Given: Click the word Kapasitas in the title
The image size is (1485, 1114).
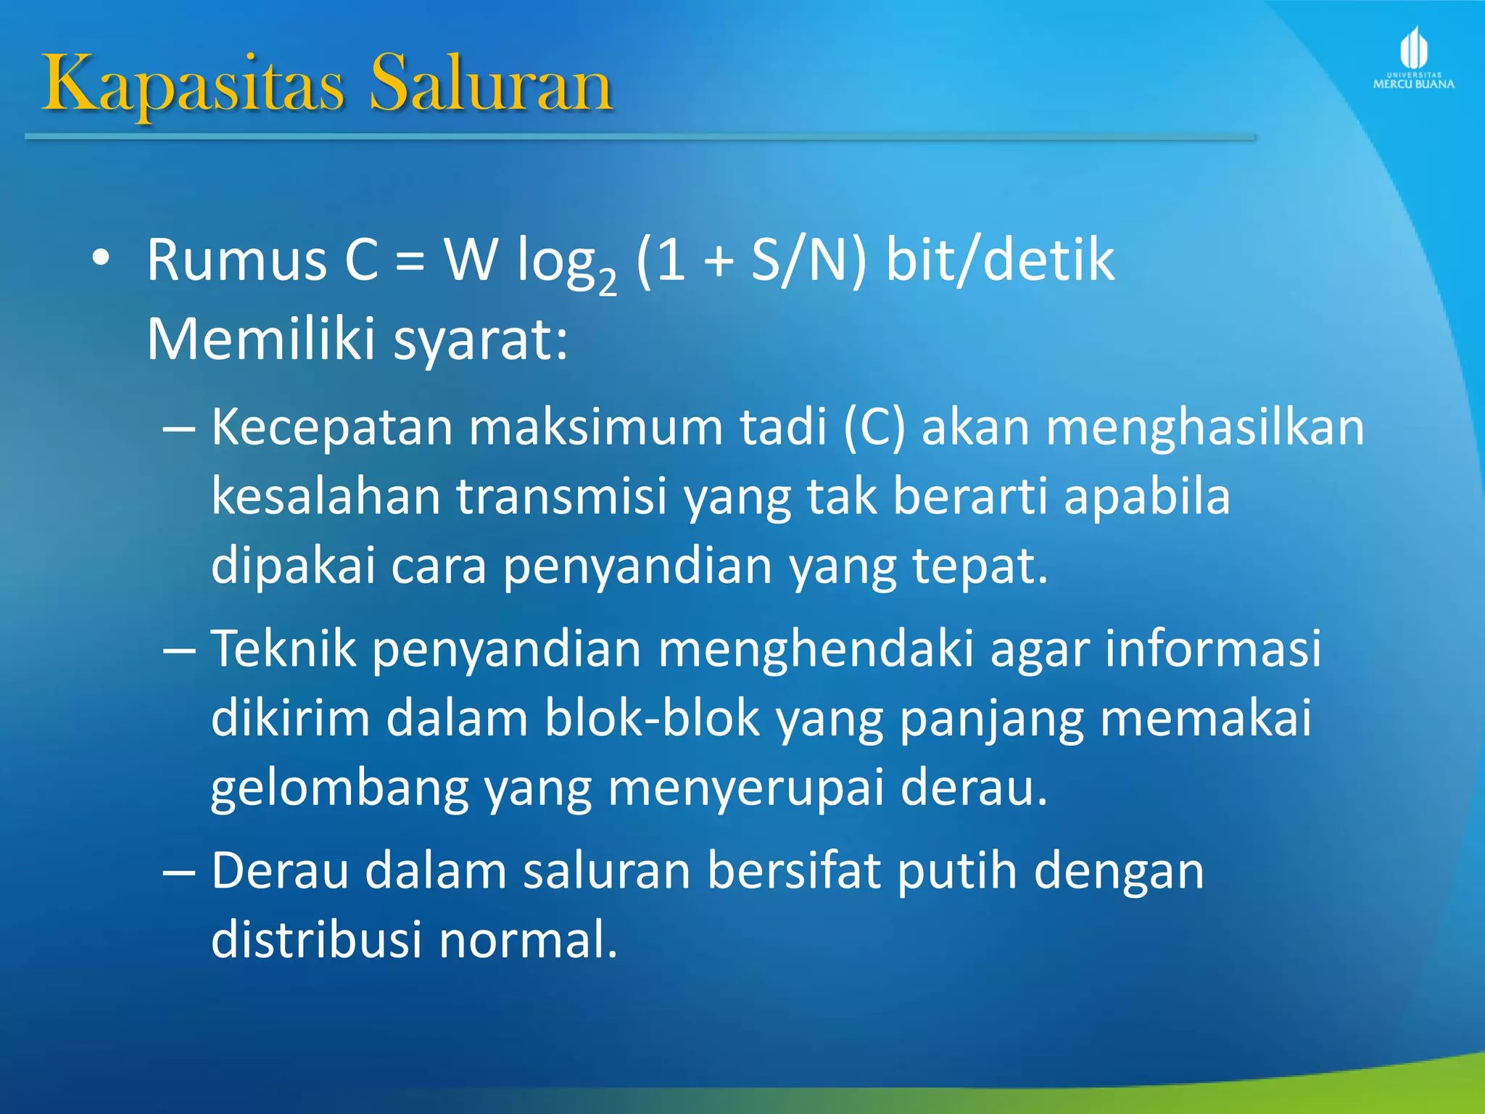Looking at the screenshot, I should coord(193,86).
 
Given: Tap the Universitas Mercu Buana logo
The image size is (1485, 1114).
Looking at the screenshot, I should coord(1413,58).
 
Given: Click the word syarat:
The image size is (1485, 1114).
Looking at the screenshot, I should coord(481,339).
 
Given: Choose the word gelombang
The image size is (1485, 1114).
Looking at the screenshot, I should coord(340,788).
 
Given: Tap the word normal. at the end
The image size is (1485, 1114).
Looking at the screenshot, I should coord(529,939).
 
